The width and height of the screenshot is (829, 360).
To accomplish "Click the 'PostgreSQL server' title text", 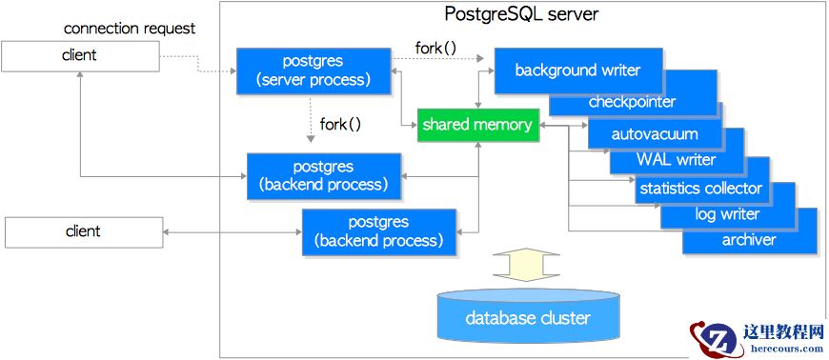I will click(x=522, y=14).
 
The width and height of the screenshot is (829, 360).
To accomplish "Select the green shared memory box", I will click(x=478, y=125).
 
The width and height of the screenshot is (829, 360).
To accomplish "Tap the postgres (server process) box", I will click(x=313, y=70).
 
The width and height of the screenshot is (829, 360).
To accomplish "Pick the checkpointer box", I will click(x=633, y=102).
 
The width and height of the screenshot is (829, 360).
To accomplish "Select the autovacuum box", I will click(x=655, y=134).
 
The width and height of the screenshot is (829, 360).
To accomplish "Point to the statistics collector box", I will click(x=700, y=188).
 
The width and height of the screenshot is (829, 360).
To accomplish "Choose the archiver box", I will click(x=749, y=240).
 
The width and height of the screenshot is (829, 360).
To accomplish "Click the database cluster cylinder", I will click(x=527, y=318).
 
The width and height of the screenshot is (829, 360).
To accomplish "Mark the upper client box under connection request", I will click(x=79, y=55).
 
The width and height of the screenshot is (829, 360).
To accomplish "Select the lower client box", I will click(x=83, y=231).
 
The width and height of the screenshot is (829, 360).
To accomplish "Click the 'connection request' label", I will click(x=130, y=29).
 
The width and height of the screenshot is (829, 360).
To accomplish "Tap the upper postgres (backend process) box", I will click(x=325, y=176).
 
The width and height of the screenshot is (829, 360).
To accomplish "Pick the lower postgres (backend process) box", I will click(x=378, y=231).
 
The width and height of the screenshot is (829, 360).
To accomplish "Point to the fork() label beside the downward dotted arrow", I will click(x=340, y=124).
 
